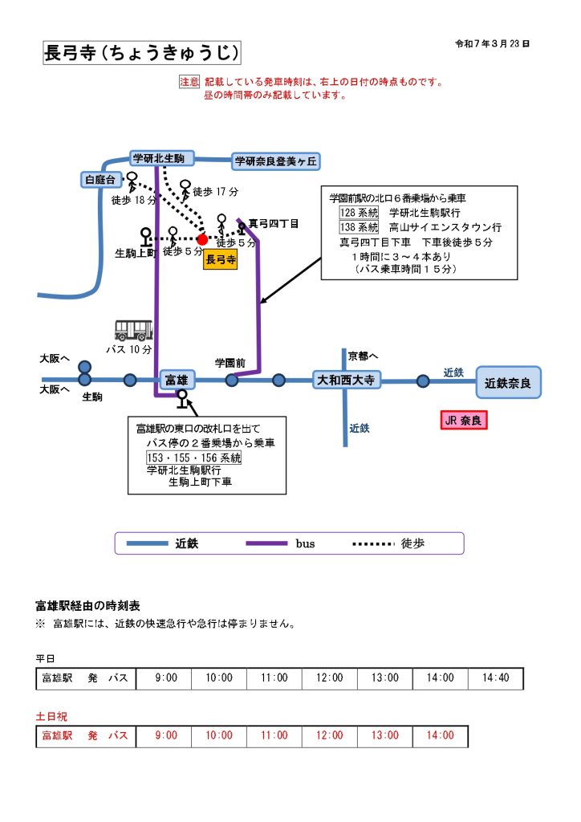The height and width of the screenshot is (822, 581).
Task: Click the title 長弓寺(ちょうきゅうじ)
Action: (x=141, y=54)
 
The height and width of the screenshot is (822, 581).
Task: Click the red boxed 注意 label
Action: (x=189, y=82)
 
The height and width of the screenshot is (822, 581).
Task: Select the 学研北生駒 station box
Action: (x=159, y=158)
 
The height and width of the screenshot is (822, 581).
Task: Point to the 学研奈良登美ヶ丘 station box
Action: (x=275, y=161)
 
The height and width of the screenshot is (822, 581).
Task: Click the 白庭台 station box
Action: (x=101, y=180)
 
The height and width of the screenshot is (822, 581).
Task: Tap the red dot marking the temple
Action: (x=202, y=239)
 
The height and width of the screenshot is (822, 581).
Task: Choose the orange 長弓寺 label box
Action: (x=221, y=259)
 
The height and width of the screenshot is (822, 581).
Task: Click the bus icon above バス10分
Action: (x=133, y=330)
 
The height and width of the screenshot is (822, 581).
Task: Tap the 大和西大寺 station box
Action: (x=346, y=380)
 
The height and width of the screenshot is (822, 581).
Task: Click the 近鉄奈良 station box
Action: (x=508, y=382)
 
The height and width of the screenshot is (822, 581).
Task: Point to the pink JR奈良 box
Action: (x=464, y=420)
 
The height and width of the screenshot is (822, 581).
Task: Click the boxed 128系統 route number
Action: (x=359, y=213)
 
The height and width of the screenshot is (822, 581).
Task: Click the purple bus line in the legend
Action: (x=266, y=543)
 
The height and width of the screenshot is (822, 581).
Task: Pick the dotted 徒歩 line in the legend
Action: (x=372, y=543)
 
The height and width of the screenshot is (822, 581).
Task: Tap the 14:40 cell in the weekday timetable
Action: (x=495, y=678)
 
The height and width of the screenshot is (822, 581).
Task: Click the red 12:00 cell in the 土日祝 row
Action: (x=329, y=735)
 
